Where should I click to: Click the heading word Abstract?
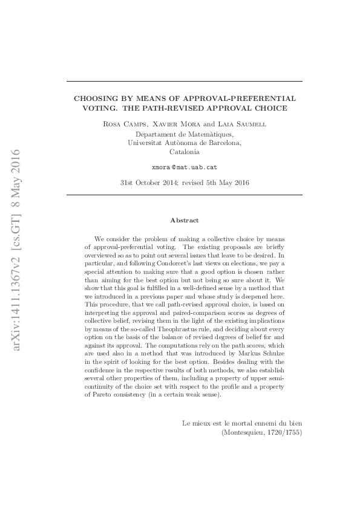tap(184, 221)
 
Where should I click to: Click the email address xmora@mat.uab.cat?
tap(184, 166)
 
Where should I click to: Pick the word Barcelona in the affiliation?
tap(220, 143)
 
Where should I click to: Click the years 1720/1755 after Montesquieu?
tap(283, 433)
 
